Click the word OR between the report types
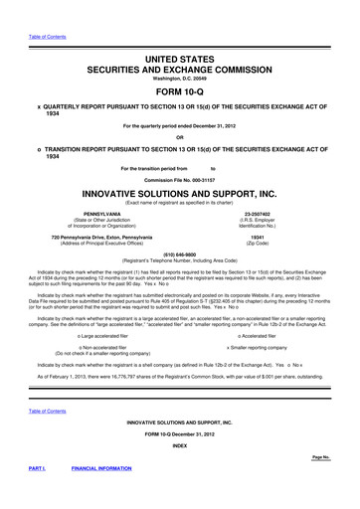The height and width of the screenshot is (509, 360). click(179, 136)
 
